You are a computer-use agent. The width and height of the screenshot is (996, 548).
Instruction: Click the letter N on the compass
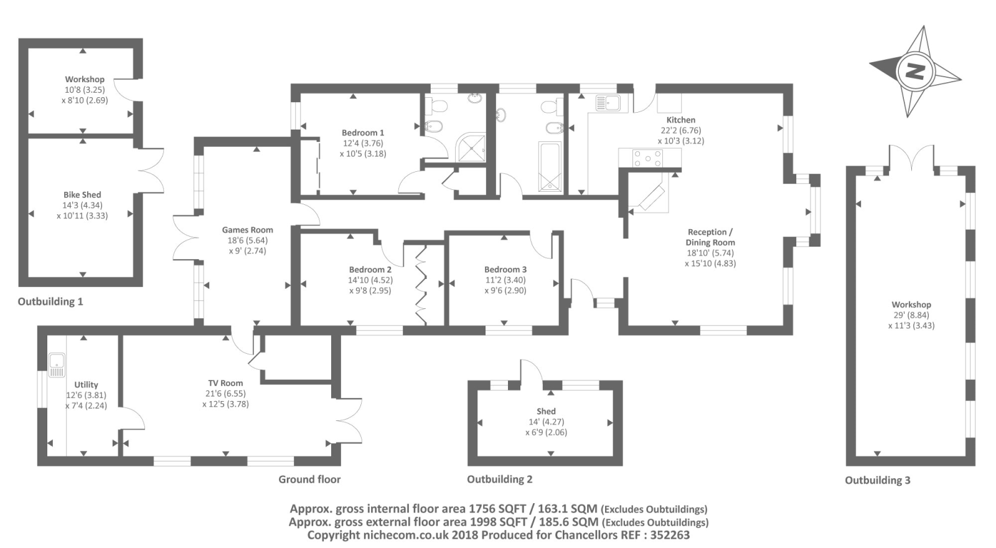coord(916,71)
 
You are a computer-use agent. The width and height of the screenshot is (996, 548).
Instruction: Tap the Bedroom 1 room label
coord(363,133)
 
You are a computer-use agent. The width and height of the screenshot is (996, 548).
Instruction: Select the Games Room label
coord(248,230)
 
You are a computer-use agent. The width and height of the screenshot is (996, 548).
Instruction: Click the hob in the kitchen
coord(648,158)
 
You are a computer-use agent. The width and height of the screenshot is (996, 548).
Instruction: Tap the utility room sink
coord(57,365)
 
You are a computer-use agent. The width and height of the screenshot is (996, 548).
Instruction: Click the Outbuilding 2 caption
coord(500,479)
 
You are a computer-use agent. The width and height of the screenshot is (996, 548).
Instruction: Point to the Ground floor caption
coord(309,479)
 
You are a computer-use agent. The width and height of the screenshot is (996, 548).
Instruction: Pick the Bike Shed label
coord(82,195)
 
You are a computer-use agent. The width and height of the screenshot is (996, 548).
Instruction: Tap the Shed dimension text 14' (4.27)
coord(546,422)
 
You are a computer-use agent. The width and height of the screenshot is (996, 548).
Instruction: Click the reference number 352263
coord(670,535)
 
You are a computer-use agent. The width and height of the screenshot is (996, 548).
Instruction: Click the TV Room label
coord(225,383)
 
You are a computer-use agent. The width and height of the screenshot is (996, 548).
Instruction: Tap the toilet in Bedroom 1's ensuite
coord(437,106)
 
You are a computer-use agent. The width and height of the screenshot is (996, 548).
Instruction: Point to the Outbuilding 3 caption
coord(878,480)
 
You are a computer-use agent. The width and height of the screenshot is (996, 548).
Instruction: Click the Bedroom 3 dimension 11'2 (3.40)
coord(505,280)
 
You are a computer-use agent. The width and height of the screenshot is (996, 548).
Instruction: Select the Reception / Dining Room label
coord(710,237)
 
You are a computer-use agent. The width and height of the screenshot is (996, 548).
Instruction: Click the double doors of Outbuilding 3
coord(911,158)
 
